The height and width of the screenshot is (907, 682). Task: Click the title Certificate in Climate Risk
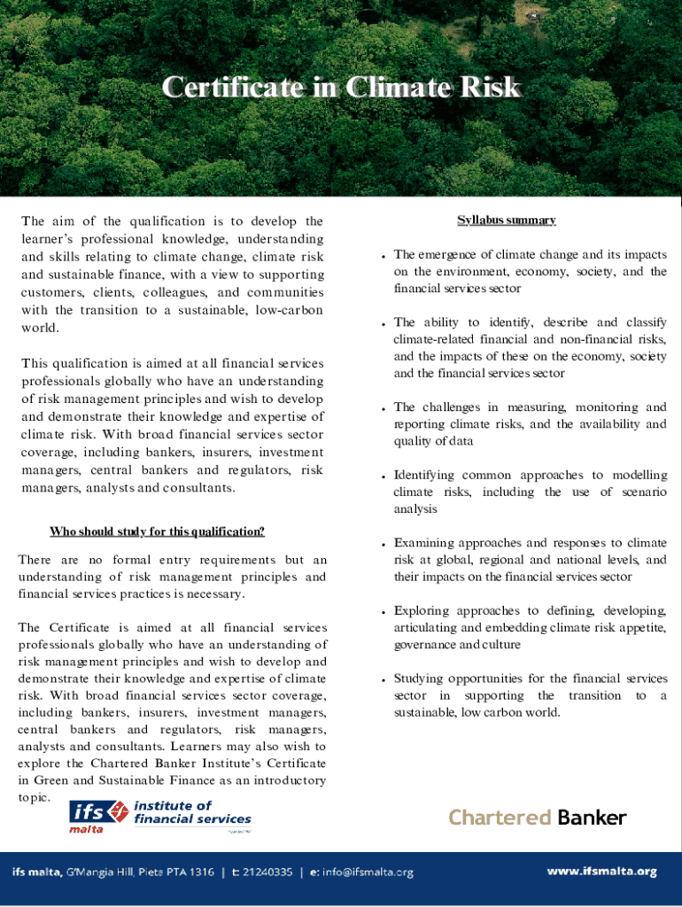coord(340,89)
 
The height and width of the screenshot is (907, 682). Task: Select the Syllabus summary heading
coord(506,220)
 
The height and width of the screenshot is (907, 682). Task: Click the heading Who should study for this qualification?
coord(157,531)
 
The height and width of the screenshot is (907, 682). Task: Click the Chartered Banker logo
coord(538,817)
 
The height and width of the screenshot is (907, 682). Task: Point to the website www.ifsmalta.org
coord(601,872)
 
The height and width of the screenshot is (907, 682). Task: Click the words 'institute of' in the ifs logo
coord(173,805)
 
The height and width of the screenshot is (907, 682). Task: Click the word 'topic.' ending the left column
coord(35,797)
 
